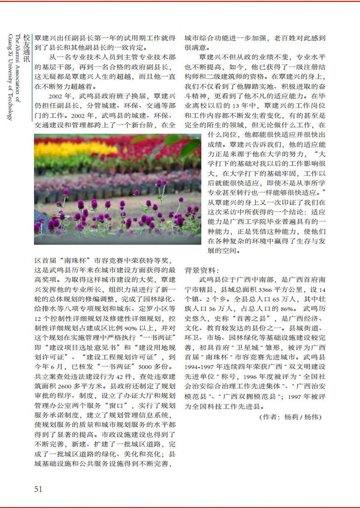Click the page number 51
click(38, 489)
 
